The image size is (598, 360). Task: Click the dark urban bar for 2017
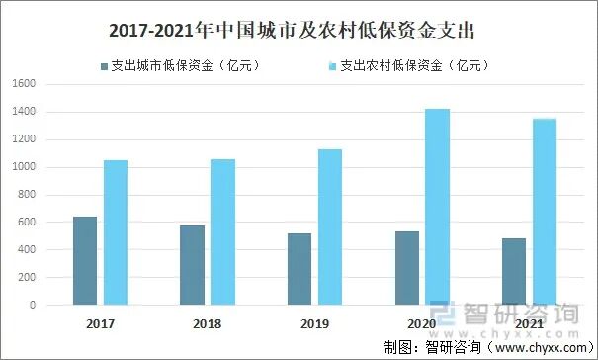point(85,260)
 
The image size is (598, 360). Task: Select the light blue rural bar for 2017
point(116,232)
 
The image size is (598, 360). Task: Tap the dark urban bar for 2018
point(192,265)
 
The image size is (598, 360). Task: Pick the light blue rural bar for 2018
point(222,231)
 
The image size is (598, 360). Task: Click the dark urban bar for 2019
point(299,269)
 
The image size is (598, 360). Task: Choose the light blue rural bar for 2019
point(329,226)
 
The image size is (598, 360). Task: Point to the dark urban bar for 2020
point(406,268)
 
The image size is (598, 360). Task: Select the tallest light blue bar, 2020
point(437,207)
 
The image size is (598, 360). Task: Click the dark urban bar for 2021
point(514,271)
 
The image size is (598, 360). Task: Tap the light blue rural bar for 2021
point(545,212)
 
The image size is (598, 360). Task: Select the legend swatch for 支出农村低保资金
point(331,66)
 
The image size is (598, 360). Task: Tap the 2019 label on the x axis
point(314,323)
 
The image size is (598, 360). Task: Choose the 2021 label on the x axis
point(529,323)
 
